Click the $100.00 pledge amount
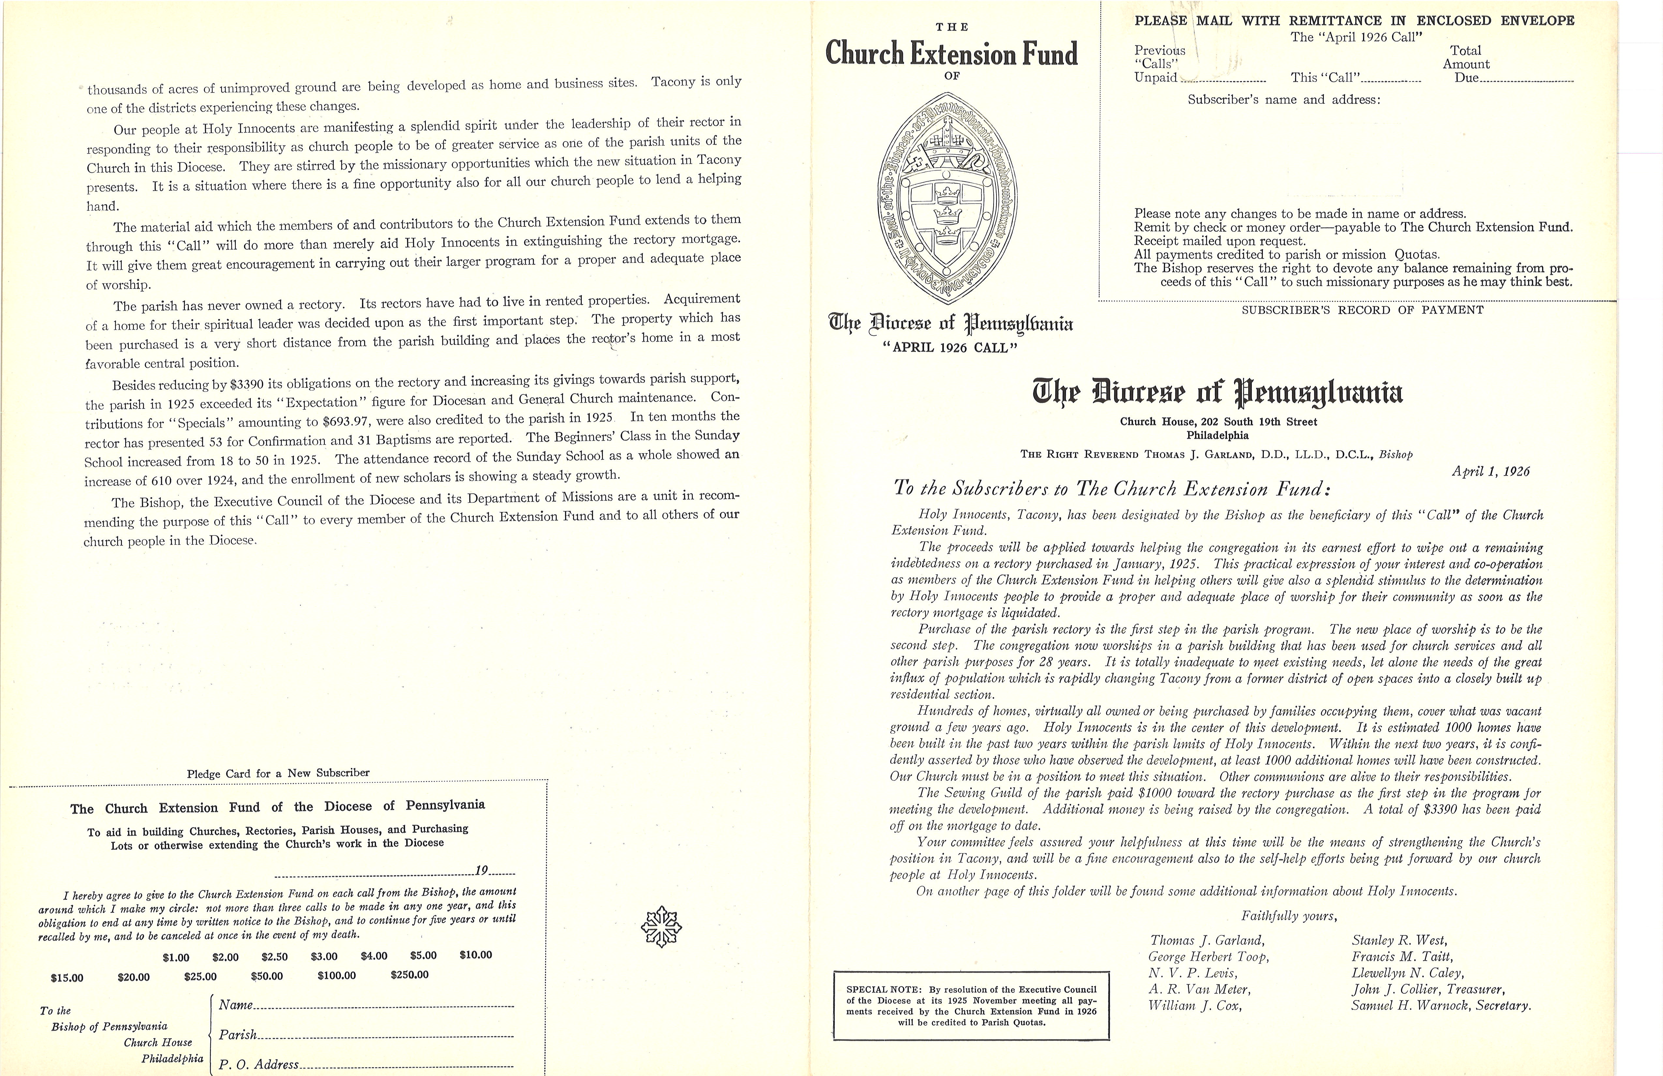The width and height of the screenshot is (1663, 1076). click(x=337, y=975)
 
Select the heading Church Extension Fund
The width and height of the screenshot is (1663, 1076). click(x=952, y=54)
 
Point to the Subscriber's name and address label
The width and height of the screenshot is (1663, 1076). click(x=1284, y=100)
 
